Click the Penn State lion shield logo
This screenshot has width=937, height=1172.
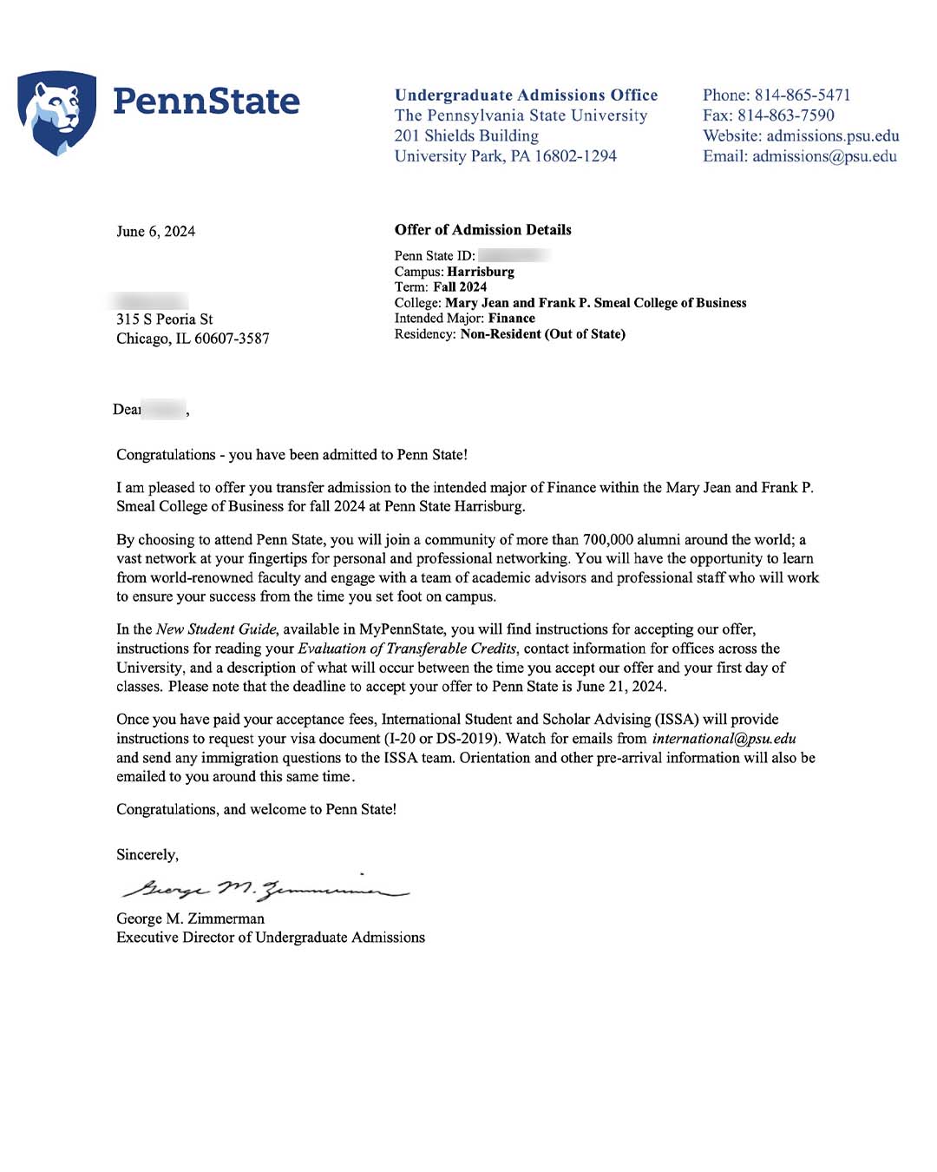(56, 112)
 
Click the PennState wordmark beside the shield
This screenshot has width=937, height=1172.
(206, 102)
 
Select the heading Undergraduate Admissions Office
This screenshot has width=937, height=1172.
(526, 95)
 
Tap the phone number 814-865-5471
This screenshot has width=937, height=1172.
(803, 95)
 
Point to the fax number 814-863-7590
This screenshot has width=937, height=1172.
(786, 115)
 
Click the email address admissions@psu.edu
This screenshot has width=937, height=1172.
(824, 156)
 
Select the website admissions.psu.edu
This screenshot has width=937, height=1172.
(833, 136)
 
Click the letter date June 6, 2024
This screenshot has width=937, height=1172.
(156, 232)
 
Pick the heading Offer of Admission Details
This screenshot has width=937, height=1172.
(483, 230)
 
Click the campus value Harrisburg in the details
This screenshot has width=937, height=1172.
(481, 272)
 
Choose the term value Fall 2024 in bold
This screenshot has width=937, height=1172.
(460, 287)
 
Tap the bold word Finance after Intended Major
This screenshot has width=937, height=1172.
(512, 319)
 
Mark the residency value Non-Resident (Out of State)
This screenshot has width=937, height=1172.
(542, 334)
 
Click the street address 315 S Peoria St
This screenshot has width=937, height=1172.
(165, 319)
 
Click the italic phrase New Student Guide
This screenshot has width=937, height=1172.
(216, 629)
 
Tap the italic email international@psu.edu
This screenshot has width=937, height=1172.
(724, 739)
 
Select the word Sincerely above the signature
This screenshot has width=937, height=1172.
(147, 855)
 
